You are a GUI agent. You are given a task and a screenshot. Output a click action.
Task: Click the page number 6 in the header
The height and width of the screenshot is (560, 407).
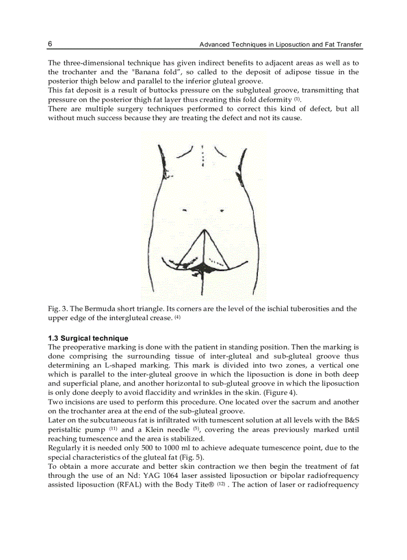(50, 44)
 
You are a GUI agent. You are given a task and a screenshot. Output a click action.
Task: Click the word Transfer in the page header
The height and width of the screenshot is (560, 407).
(349, 45)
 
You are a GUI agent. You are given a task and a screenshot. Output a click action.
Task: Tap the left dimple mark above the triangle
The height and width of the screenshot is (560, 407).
(185, 210)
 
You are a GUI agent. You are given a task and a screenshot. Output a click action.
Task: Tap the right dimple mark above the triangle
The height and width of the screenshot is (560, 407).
(221, 210)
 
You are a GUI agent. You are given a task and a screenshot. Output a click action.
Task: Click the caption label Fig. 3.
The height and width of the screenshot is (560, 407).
(57, 309)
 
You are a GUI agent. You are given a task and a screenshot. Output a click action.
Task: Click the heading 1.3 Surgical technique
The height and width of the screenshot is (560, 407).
(88, 338)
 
